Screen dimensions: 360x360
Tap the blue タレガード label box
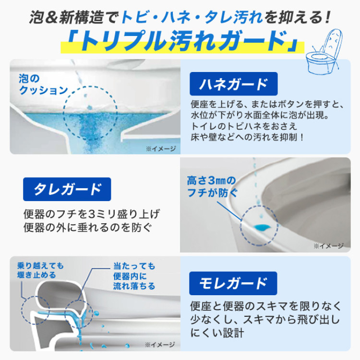pos(67,189)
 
